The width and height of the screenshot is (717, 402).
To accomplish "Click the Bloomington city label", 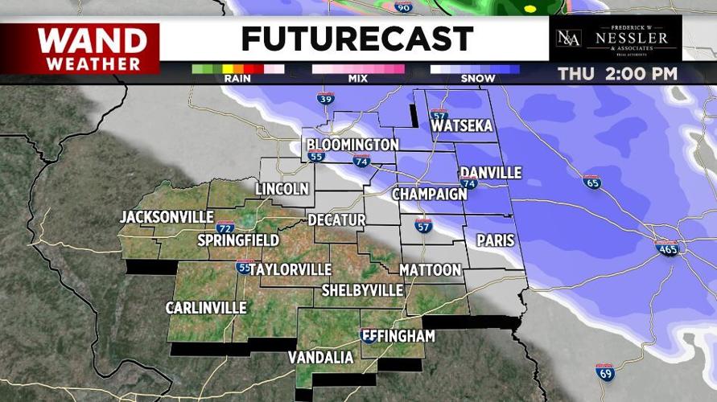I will (x=352, y=145).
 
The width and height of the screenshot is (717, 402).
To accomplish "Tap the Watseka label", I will (x=462, y=126).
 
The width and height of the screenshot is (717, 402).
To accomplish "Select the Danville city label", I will (x=490, y=173).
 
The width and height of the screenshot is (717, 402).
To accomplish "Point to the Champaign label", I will (x=430, y=195).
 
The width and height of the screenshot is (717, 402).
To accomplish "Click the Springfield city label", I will (x=239, y=240).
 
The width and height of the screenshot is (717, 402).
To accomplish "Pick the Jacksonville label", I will (x=167, y=217).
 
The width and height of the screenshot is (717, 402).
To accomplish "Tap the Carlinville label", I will (x=206, y=308).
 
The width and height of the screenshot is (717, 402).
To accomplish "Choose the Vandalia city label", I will (x=321, y=357).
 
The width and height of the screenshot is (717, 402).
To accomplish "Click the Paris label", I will (x=495, y=240).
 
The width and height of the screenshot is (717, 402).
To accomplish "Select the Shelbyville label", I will (x=362, y=289).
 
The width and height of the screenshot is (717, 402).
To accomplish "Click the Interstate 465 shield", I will (x=666, y=248).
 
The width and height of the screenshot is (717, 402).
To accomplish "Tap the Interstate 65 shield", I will (x=591, y=182).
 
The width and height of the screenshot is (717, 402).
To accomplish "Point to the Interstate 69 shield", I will (x=604, y=371).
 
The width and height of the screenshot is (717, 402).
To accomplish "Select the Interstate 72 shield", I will (x=225, y=228).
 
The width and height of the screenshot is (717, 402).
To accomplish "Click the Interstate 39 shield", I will (x=325, y=99).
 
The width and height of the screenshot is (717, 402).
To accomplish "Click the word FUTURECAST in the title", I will (x=357, y=39).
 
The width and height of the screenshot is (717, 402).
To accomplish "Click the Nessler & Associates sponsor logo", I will (x=615, y=39).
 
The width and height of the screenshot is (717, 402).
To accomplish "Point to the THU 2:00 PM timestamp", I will (x=618, y=74).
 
